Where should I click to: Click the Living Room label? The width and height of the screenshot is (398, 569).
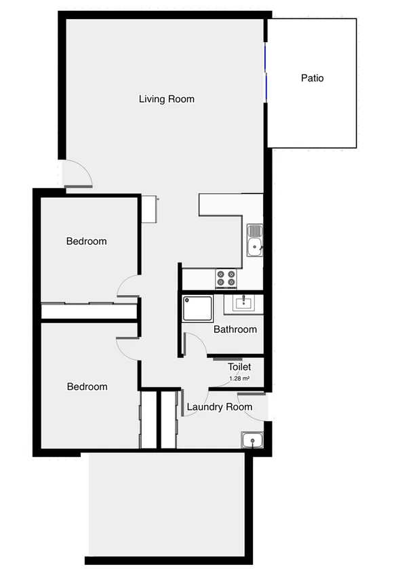pos(166,99)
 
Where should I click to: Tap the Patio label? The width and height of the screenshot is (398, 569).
pos(312,78)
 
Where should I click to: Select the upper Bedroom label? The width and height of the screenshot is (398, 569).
pos(86,241)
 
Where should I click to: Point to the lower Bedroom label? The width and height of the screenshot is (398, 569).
pos(87,387)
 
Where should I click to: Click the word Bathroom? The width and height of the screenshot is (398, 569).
pos(235,330)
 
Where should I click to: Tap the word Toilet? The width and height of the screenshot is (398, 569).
pos(239,367)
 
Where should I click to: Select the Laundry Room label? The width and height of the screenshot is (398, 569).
pos(219,407)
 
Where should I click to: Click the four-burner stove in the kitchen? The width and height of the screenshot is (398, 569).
pos(226,278)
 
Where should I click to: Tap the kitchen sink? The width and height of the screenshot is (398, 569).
pos(255,240)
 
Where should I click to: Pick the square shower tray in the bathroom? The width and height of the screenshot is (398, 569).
pos(198,308)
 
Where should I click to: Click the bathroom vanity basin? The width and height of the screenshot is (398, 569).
pos(243,302)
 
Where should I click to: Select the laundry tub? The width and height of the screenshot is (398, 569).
pos(253,440)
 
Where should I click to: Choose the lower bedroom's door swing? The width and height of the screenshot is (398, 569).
pos(127,347)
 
